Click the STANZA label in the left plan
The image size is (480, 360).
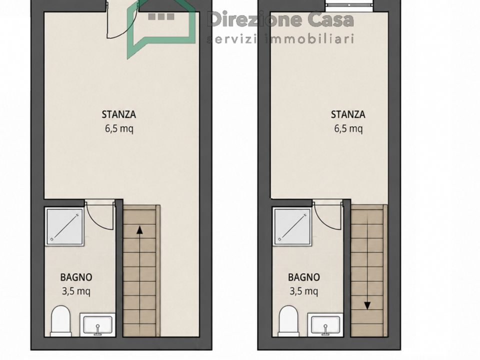(x=119, y=114)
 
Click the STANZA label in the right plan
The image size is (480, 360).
(x=348, y=114)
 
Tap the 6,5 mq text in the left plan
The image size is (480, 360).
(x=119, y=128)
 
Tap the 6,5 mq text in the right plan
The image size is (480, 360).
(x=348, y=128)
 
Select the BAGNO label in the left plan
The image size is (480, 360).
(x=76, y=277)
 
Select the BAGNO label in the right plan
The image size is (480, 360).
(x=304, y=277)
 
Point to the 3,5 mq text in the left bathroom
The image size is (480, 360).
(x=76, y=291)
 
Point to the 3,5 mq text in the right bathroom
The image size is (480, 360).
(x=304, y=291)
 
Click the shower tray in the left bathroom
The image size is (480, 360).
(x=64, y=226)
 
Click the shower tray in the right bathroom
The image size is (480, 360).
(x=293, y=226)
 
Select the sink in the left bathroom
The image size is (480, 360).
(x=97, y=325)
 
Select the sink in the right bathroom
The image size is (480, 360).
(x=325, y=325)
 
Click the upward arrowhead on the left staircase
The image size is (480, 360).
(x=139, y=230)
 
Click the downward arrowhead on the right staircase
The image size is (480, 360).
(x=367, y=305)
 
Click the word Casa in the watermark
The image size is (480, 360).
(x=330, y=19)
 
